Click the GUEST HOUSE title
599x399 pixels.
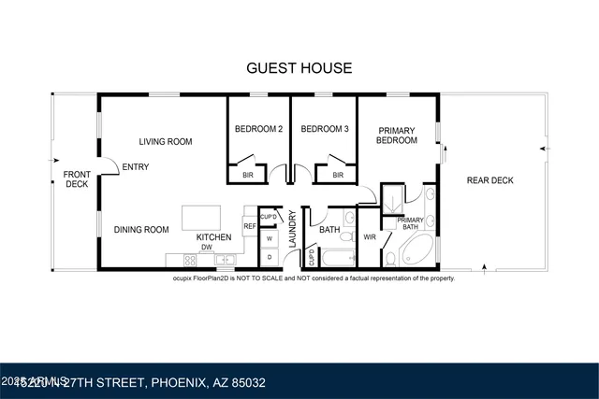click(x=299, y=67)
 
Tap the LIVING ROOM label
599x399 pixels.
click(x=166, y=142)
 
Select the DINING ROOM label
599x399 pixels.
click(x=141, y=229)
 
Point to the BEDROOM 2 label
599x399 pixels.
click(x=258, y=129)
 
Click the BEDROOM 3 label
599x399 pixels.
click(x=325, y=129)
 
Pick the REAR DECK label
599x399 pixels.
click(x=490, y=180)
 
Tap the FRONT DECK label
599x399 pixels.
click(x=76, y=179)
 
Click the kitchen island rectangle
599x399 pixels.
click(x=202, y=218)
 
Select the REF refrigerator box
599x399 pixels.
click(x=250, y=225)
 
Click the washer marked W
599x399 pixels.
click(x=270, y=238)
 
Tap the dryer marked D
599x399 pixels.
click(x=270, y=256)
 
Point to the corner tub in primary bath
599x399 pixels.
click(x=417, y=250)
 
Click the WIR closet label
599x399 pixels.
click(x=369, y=236)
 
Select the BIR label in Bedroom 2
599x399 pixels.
click(x=248, y=175)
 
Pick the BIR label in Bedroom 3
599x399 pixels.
click(x=338, y=175)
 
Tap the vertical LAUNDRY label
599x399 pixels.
click(x=292, y=228)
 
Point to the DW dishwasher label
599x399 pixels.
click(x=206, y=248)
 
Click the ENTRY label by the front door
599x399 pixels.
click(x=135, y=167)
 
